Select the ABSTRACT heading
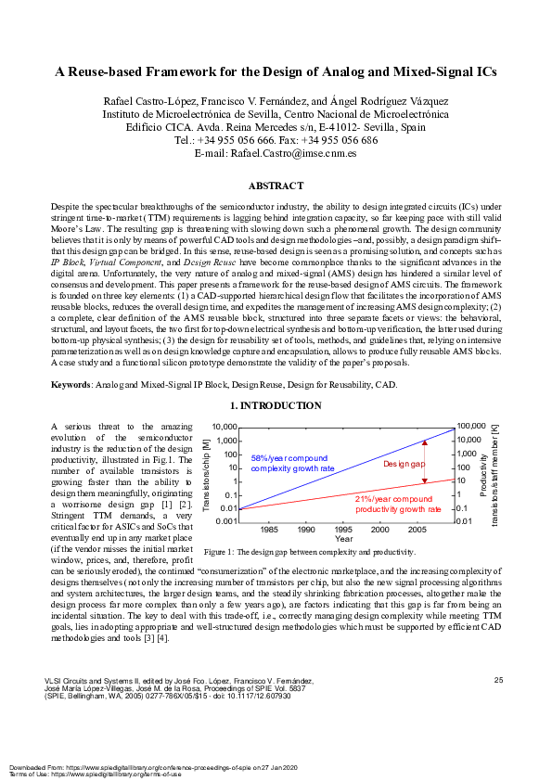coord(276,186)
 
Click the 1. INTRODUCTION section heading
coord(276,406)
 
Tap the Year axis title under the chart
coord(343,539)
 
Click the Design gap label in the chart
coord(404,463)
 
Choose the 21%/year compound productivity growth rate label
coord(398,504)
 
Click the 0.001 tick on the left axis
coord(226,522)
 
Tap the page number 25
coord(498,681)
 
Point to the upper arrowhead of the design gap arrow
coord(425,442)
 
